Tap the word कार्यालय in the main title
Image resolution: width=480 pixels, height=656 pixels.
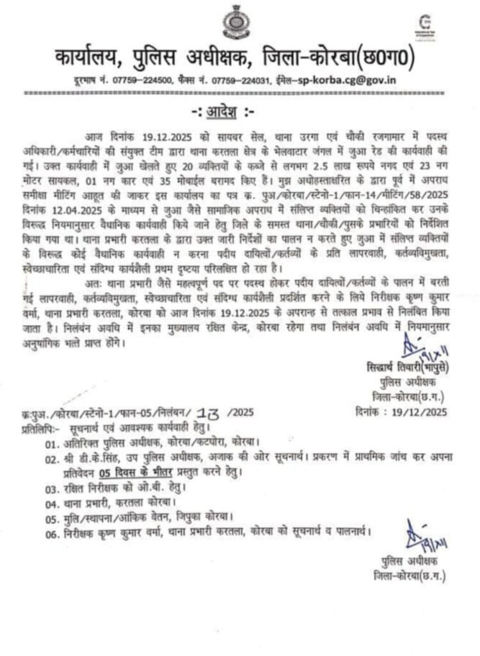pyautogui.click(x=92, y=60)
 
